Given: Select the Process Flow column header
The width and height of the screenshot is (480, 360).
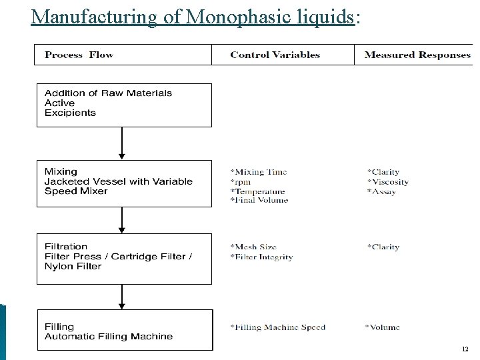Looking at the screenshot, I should (79, 55).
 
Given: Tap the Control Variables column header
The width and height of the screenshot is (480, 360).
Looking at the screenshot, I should (275, 55).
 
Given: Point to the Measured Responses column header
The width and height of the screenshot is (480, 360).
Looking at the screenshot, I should (417, 55).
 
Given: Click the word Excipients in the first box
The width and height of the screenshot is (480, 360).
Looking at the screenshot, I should (70, 113).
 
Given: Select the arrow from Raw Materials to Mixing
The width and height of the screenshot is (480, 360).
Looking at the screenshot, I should (122, 143).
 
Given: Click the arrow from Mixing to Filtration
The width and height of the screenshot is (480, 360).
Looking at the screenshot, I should (122, 219).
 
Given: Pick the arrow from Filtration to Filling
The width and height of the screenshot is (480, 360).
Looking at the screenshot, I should (122, 296).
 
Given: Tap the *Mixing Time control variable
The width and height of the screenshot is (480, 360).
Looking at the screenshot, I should (259, 172).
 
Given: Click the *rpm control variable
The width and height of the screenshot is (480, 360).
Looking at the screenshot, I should (240, 181).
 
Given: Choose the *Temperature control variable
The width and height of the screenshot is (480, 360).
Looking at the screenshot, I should (257, 191).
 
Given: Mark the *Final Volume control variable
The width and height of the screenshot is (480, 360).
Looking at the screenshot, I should (259, 200).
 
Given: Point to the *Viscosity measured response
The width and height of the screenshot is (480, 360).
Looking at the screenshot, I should (388, 181).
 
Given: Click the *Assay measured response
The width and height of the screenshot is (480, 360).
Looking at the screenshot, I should (381, 191).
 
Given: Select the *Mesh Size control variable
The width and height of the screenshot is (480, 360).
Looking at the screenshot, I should (253, 247).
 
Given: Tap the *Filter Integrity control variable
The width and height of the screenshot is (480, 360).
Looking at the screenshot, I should (261, 257).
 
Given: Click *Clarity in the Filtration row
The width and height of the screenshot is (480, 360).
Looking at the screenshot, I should (383, 247).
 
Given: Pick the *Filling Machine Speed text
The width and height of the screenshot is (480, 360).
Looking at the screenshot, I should (278, 327).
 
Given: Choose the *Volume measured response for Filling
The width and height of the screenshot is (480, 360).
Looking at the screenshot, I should (383, 327).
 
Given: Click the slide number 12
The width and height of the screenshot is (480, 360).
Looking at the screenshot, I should (465, 349).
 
